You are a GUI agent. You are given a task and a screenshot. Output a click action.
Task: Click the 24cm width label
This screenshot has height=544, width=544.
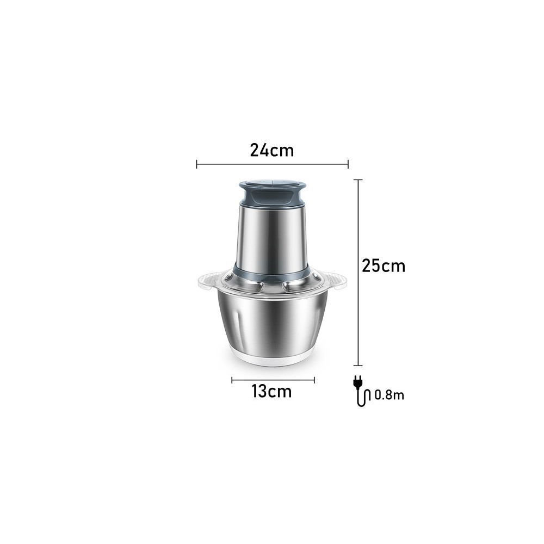coord(272,151)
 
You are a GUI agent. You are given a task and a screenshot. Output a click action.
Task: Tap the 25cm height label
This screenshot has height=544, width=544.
coord(384,266)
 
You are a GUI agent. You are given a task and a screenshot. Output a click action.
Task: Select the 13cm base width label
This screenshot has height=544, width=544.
coord(271,391)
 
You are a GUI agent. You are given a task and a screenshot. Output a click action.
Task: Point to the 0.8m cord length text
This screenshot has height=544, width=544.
coord(390,395)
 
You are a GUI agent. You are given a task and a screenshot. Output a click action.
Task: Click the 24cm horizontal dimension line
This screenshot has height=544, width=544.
coord(273,164)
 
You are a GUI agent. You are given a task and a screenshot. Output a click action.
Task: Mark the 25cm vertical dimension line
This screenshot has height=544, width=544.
coord(358,273)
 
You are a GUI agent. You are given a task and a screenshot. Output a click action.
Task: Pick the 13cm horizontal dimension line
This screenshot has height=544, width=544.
coord(273,380)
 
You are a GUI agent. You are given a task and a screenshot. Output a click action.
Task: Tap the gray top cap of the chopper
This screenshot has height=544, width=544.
coord(273,195)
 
